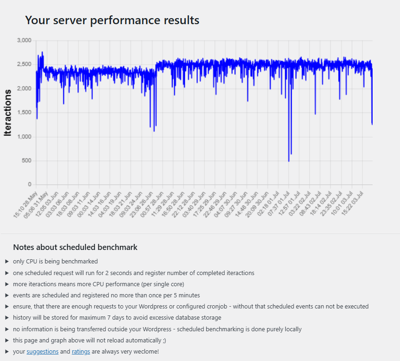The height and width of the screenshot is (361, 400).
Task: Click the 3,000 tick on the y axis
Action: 24,40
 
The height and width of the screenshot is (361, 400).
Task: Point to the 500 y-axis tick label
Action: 26,161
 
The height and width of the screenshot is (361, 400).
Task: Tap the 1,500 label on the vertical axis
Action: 24,112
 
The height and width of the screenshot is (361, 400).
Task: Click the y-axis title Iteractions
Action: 7,113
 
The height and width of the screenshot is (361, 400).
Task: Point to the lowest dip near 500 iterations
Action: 289,161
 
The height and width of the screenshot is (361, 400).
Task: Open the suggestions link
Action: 42,352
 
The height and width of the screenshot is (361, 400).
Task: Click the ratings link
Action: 81,352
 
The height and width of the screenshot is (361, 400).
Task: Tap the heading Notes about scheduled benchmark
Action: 75,247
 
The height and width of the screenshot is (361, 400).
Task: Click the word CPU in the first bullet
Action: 32,262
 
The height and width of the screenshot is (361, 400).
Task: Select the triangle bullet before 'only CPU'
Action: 7,262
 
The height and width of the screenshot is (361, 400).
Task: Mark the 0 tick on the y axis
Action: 29,185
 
